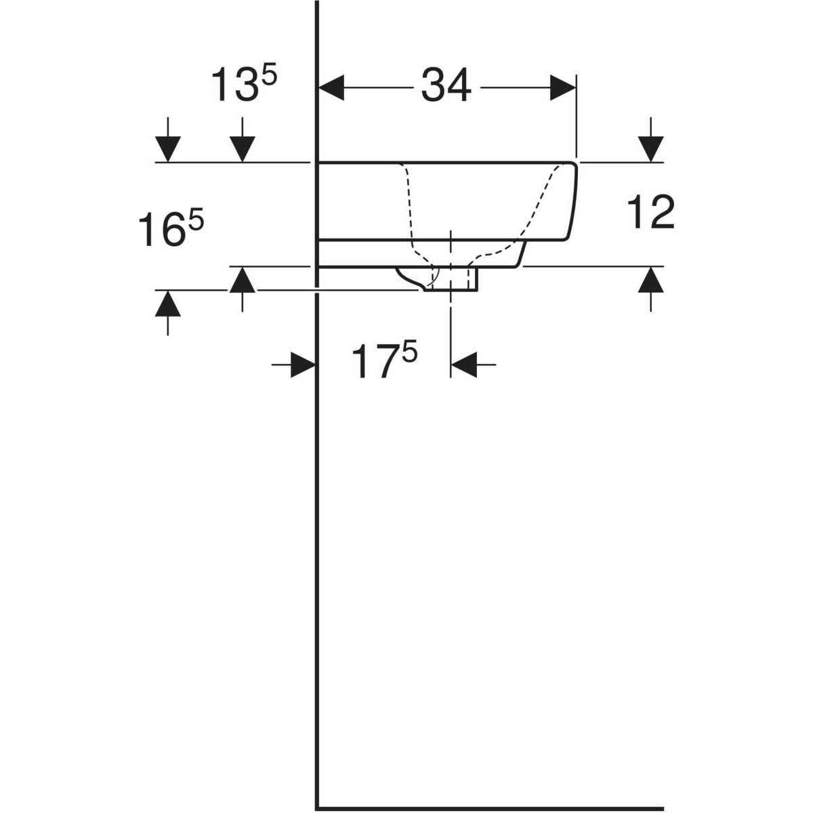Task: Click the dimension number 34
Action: coord(446,85)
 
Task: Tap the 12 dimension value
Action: coord(650,212)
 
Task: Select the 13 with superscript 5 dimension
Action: coord(243,84)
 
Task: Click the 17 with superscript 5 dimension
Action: coord(384,360)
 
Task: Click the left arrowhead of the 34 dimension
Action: coord(331,88)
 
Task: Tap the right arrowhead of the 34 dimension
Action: coord(563,88)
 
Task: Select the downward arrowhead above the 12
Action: coord(650,149)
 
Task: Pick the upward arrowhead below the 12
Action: coord(650,280)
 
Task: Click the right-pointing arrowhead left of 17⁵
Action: coord(304,364)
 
